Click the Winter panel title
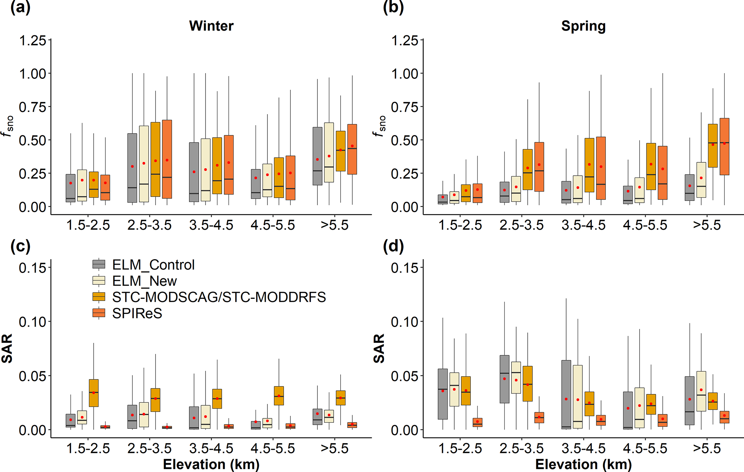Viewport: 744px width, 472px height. coord(211,26)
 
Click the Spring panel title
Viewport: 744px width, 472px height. coord(583,26)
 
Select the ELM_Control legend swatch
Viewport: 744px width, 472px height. coord(99,264)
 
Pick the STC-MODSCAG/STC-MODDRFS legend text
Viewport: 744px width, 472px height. coord(219,297)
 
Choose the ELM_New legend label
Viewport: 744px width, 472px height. coord(144,281)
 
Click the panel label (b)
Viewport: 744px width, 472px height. coord(393,7)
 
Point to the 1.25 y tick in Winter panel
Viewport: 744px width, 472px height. coord(33,40)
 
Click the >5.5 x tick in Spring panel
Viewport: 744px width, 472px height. coord(707,225)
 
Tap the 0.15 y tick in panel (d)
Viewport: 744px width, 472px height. coord(405,268)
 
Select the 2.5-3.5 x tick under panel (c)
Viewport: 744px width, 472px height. coord(149,449)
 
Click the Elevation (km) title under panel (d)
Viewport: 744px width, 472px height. coord(583,464)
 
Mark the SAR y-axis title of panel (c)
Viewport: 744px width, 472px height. coord(7,348)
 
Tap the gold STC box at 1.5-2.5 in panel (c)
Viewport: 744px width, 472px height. coord(94,393)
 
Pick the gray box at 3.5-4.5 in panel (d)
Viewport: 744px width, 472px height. coord(566,394)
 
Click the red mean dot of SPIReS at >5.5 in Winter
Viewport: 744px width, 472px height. coord(352,146)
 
